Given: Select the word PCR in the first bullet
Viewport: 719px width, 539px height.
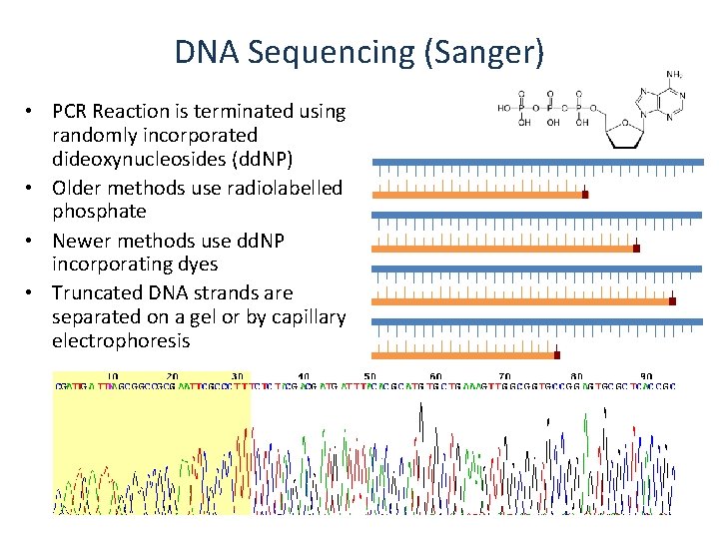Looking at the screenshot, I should click(71, 112).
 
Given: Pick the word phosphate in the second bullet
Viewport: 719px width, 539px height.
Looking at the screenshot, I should click(99, 211).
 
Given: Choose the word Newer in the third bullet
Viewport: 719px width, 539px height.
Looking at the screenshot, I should click(82, 241).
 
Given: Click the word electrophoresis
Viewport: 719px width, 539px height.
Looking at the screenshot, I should click(121, 340).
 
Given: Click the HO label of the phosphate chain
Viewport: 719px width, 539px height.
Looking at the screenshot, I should click(504, 108).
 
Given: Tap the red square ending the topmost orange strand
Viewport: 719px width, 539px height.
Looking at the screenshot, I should click(585, 195).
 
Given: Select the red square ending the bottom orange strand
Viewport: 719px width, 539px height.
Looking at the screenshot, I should click(557, 354).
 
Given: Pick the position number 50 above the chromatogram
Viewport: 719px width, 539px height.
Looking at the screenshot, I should click(369, 376).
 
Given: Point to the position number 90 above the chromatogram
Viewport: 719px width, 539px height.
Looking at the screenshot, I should click(647, 376).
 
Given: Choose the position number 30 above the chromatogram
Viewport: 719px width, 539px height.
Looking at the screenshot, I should click(237, 376).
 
